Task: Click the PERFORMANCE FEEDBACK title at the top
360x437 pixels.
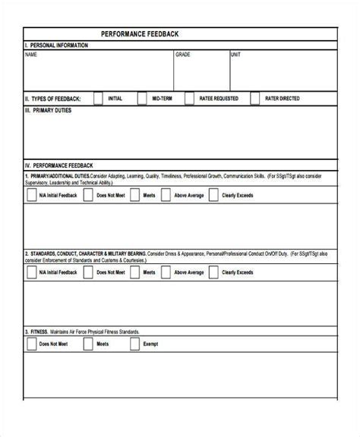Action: [x=141, y=34]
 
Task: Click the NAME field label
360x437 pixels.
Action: [x=30, y=55]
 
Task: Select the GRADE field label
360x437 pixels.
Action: [x=183, y=55]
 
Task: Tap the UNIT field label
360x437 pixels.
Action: [x=236, y=55]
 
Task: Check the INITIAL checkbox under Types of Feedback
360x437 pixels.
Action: [x=98, y=99]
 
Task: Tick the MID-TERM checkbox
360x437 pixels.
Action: [x=142, y=99]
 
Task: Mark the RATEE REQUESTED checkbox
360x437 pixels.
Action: [x=189, y=99]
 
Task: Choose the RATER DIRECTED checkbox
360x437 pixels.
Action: [x=254, y=99]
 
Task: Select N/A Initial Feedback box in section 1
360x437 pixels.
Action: [x=31, y=194]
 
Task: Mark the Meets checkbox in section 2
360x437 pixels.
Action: [x=134, y=272]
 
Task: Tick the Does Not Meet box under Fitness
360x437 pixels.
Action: [x=31, y=344]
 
